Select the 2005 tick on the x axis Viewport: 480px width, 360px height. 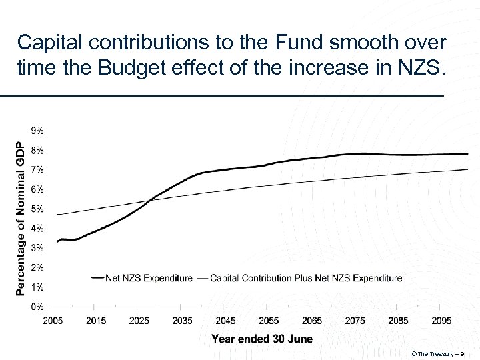[53, 321]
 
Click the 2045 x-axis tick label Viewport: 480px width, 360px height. [225, 321]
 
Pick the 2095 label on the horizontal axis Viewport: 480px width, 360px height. [441, 321]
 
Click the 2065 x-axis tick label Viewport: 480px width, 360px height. [312, 321]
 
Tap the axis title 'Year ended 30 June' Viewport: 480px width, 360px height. [261, 339]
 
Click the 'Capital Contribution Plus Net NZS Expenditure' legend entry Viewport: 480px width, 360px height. [305, 278]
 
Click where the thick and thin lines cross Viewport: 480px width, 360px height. [148, 201]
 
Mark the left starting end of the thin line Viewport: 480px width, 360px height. [57, 215]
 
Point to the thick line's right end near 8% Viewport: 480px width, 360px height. [468, 154]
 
